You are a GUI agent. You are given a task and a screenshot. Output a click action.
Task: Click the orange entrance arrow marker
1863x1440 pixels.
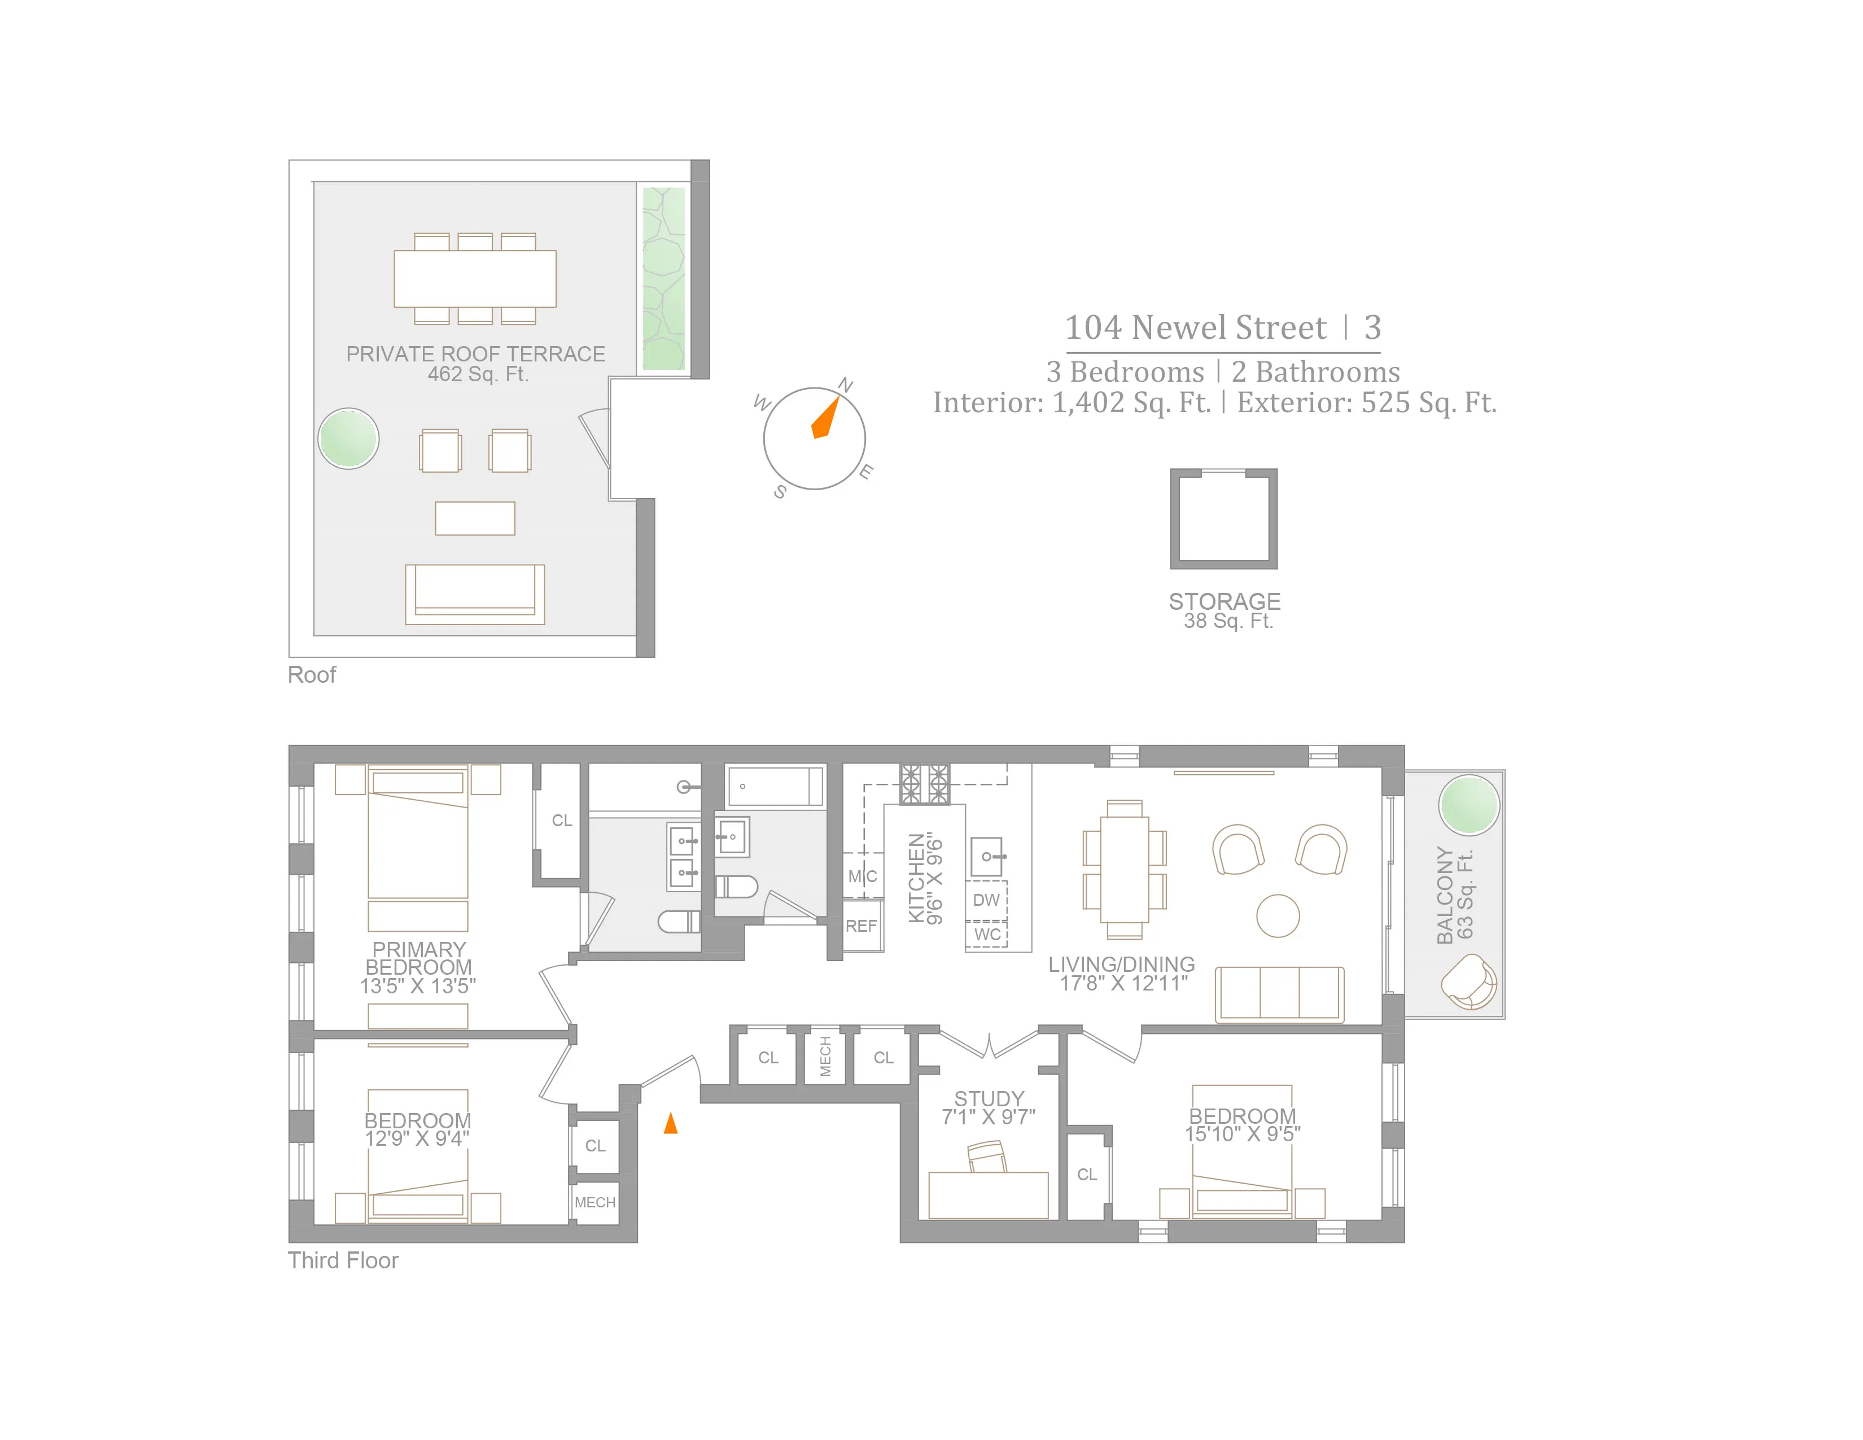(671, 1124)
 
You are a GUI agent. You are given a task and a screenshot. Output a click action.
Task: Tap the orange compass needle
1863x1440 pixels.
(825, 418)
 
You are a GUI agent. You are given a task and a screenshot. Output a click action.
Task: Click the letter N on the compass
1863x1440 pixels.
(845, 385)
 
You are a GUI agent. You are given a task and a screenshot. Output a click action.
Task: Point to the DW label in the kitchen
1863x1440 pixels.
(986, 900)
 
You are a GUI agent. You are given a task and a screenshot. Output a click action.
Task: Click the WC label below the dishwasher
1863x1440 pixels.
(987, 934)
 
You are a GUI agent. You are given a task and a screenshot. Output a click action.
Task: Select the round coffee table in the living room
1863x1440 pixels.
(1278, 915)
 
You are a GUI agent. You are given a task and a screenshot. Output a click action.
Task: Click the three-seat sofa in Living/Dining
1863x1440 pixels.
(1279, 994)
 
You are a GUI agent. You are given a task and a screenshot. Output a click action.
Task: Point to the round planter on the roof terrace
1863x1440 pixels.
(348, 438)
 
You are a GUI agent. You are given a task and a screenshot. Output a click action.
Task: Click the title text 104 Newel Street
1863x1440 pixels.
(1195, 328)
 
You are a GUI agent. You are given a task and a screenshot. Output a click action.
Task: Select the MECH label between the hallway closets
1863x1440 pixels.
(825, 1056)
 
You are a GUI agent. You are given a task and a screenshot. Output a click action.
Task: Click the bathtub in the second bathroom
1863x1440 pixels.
(775, 786)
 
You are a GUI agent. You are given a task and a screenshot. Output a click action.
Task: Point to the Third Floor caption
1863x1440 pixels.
(343, 1260)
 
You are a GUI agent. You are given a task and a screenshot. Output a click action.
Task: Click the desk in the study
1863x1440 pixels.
(988, 1194)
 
